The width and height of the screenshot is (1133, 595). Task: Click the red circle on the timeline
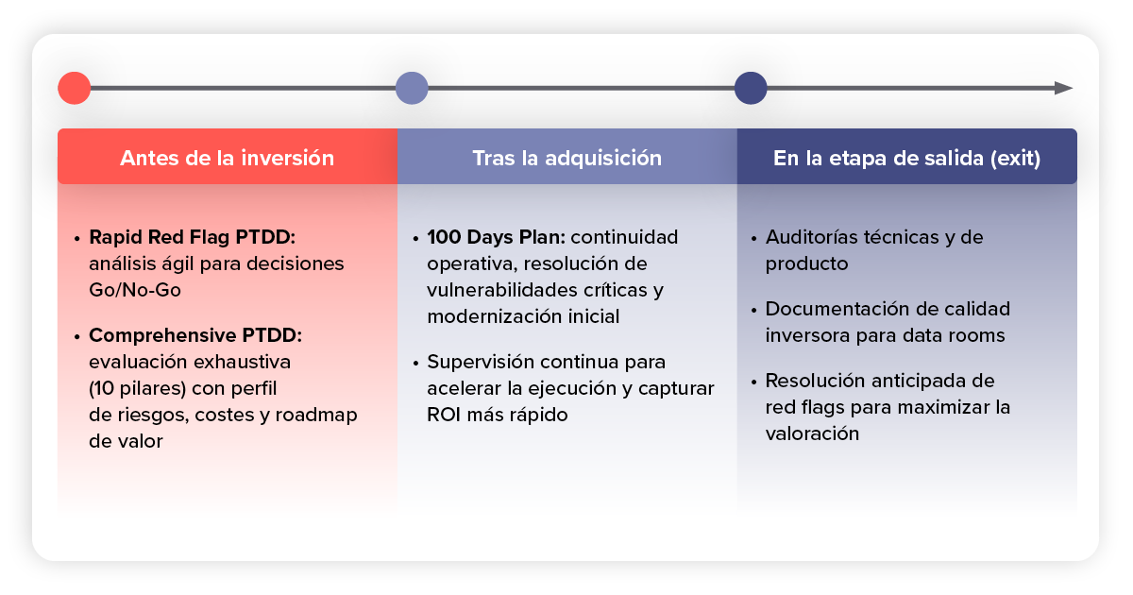click(75, 88)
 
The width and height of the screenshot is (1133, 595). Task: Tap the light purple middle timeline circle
click(412, 88)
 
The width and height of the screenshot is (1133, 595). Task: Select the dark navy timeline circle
click(751, 88)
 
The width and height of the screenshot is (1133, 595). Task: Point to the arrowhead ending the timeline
click(1064, 88)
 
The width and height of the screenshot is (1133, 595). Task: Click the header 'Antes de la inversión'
click(228, 158)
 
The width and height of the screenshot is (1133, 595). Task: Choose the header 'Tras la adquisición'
click(567, 158)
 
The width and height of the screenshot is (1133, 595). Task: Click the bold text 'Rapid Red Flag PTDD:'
click(193, 237)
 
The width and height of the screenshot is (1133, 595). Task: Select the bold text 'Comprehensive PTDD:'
click(195, 335)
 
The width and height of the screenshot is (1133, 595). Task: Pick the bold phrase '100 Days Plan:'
click(497, 237)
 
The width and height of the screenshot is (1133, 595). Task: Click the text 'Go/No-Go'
click(135, 290)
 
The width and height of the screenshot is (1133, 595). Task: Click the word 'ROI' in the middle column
click(444, 415)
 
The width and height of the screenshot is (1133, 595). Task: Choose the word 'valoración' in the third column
click(812, 433)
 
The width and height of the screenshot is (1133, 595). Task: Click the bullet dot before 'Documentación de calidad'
click(753, 310)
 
